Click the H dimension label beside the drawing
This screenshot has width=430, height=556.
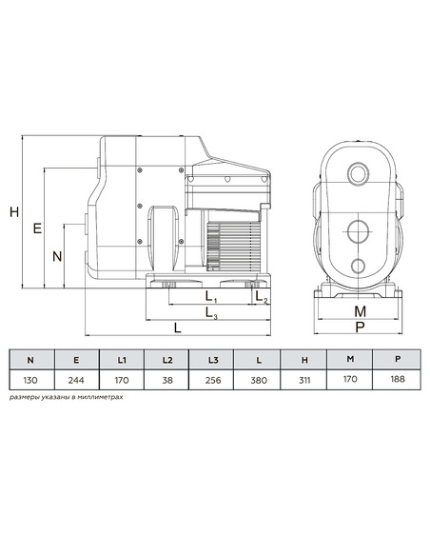(x=14, y=212)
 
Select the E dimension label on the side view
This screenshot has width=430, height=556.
(x=37, y=228)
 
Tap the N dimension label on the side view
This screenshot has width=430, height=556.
(x=57, y=256)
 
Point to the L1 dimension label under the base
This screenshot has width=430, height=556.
(x=211, y=296)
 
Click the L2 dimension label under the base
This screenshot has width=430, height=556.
(x=262, y=296)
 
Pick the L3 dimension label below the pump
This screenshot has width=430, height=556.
(x=211, y=312)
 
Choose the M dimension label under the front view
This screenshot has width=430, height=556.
(x=360, y=311)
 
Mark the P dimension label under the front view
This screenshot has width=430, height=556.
(x=360, y=327)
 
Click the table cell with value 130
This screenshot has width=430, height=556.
(x=30, y=380)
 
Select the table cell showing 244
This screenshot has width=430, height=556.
(x=76, y=380)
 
